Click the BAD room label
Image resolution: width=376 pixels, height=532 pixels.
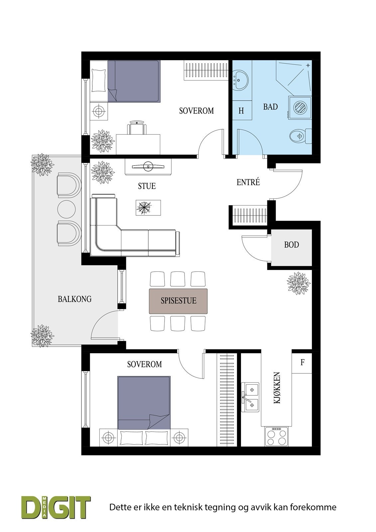(270, 107)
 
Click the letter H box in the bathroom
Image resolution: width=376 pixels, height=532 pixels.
(241, 111)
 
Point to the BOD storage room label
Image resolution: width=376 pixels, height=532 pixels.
(292, 245)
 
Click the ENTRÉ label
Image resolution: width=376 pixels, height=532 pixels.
(248, 182)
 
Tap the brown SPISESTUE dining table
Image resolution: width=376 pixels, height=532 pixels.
(179, 301)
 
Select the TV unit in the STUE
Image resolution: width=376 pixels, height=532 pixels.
(148, 166)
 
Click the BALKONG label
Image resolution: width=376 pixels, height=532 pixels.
(74, 299)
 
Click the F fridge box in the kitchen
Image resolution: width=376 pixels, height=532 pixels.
(302, 362)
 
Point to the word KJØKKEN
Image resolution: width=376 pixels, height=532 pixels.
(277, 388)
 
